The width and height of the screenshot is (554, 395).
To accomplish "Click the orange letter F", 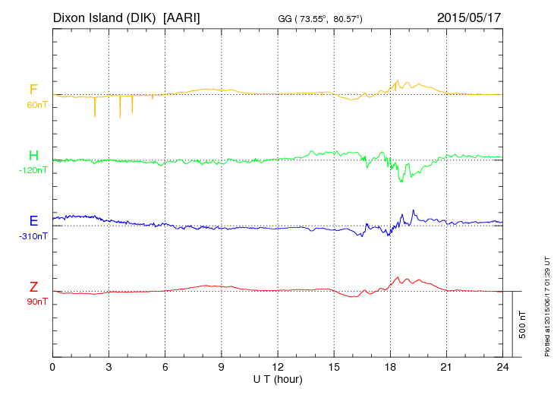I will coord(33,90).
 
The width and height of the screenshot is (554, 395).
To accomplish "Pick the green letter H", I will coord(33,156).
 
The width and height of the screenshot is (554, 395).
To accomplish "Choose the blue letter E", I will coord(33,221).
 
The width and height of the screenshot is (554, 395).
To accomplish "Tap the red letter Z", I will coord(33,287).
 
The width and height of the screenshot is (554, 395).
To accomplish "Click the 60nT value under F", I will coord(36,105).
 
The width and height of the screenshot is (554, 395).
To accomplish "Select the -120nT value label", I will coord(33,170).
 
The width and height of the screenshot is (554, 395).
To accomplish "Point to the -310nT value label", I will coord(33,236).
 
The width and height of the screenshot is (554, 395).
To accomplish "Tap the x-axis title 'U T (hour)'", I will coord(279,378).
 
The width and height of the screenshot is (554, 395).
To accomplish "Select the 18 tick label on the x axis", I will coord(391,367).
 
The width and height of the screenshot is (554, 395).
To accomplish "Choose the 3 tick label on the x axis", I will coord(109,367).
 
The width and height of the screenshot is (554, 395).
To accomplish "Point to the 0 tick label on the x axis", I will coord(53,367).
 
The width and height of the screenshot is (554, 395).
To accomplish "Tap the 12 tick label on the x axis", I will coord(278,367).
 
